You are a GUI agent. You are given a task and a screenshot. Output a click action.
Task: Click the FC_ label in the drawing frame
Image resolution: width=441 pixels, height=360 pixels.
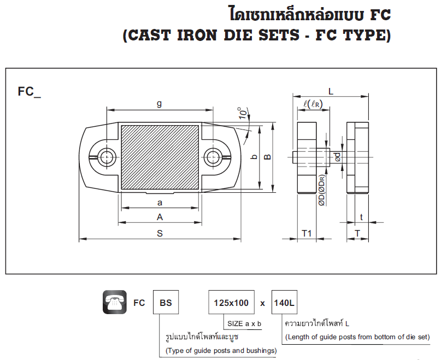point(29,92)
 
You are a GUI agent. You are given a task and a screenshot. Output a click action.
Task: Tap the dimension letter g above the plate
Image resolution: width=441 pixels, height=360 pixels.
point(159,103)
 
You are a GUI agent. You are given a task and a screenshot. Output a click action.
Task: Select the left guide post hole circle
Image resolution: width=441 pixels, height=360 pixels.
point(105,157)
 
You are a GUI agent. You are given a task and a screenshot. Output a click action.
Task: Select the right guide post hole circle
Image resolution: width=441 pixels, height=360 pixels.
point(214,157)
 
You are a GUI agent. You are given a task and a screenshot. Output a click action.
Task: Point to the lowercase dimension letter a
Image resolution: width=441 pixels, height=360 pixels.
point(160,203)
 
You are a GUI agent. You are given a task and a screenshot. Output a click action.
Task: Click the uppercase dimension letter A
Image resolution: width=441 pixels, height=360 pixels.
point(160,217)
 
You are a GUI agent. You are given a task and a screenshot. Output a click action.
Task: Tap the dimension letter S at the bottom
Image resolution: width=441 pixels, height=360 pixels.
point(160,233)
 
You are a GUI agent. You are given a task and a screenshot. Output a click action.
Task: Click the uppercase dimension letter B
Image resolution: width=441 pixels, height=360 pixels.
point(267,157)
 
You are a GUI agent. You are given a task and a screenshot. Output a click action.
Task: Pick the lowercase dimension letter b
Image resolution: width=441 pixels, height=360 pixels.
point(254,157)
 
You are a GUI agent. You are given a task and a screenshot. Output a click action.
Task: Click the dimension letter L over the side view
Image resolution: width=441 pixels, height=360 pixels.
point(331,91)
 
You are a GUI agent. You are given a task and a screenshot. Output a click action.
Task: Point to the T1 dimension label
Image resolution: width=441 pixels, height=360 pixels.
point(307,233)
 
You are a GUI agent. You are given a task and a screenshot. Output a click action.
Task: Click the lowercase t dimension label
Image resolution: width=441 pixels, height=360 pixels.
point(361,217)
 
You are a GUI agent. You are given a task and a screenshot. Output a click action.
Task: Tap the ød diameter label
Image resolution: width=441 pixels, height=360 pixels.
point(338,157)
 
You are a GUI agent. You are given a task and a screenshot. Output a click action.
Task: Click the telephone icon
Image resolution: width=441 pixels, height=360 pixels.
point(115,302)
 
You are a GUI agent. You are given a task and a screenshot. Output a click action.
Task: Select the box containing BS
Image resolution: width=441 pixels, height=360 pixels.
point(166,303)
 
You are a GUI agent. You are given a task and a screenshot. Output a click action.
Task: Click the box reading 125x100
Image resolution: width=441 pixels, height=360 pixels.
point(231,303)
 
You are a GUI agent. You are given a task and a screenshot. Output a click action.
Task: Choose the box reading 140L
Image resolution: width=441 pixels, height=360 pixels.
point(284,303)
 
